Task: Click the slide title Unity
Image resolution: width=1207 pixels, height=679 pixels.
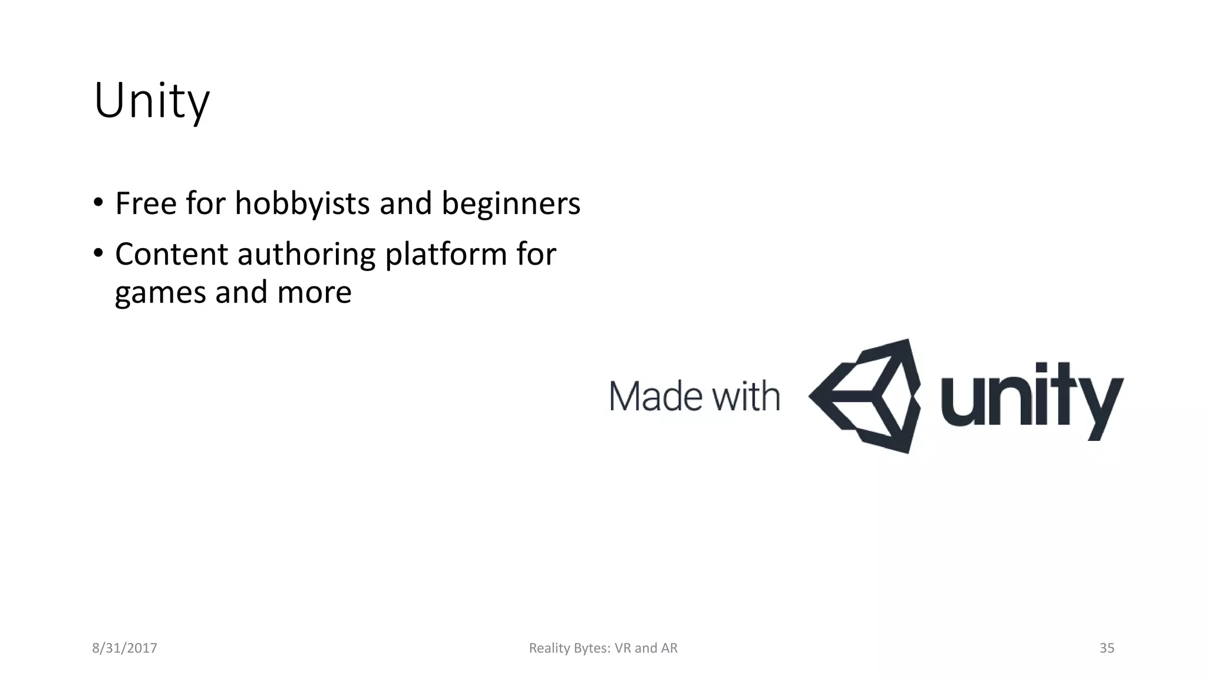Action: click(151, 101)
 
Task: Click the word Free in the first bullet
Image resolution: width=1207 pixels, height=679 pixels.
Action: click(146, 203)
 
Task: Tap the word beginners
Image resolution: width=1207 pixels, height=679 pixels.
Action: click(510, 203)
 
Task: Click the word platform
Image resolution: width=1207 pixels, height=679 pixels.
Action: click(446, 255)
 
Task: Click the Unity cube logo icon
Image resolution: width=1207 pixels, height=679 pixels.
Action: click(864, 396)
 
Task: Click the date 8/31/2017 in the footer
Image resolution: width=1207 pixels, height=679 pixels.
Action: click(124, 648)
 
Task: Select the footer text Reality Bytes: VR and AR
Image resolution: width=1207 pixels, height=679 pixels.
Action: click(603, 648)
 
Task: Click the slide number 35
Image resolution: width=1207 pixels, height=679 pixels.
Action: click(1107, 648)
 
